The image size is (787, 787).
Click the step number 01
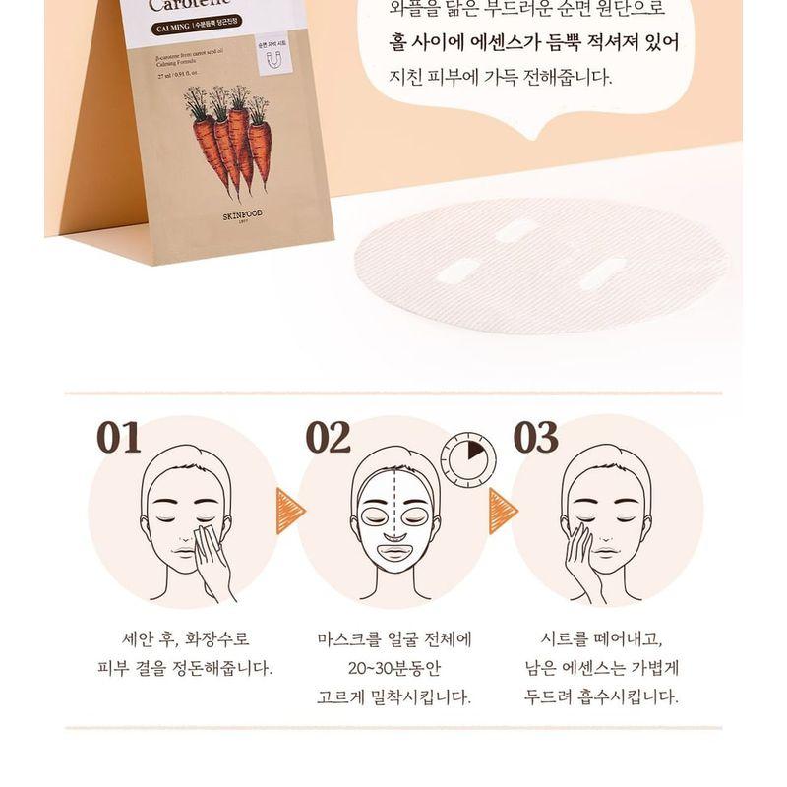pos(118,437)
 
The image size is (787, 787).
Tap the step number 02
pos(328,437)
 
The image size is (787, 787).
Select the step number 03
pos(535,437)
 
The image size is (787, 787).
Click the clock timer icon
pos(467,460)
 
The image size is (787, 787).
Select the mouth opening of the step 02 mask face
pos(395,552)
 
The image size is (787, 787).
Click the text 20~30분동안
pos(393,668)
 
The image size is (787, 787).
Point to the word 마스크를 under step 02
pos(356,639)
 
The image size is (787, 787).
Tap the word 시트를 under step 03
pos(561,639)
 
